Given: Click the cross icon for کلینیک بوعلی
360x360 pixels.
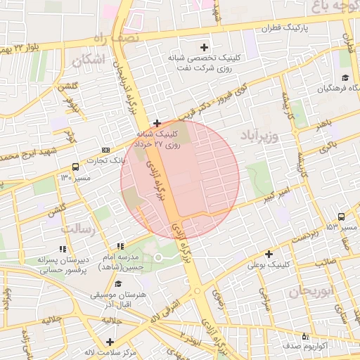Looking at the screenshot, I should (x=268, y=253).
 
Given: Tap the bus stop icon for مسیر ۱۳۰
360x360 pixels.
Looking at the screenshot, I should (x=75, y=167).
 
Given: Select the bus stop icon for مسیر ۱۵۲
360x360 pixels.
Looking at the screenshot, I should (x=341, y=217).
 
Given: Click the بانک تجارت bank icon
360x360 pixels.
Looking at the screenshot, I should (x=105, y=150).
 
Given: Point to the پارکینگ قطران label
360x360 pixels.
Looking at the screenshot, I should (x=286, y=29).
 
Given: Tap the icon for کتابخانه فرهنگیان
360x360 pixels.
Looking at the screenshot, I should (x=345, y=77).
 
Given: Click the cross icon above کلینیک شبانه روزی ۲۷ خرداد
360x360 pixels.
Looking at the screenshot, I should (x=157, y=123).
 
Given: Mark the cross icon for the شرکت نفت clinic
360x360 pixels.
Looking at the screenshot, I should (x=205, y=46).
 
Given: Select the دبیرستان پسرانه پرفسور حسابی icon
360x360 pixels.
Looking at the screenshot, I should (x=63, y=249).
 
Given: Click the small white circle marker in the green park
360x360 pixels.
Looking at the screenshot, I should (x=158, y=257).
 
